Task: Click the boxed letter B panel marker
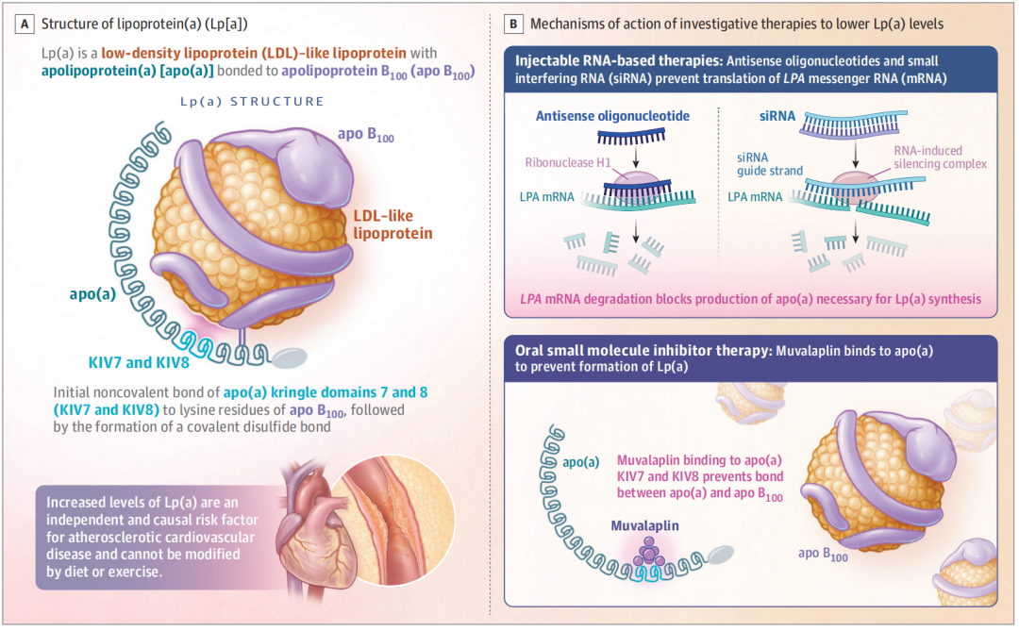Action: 513,22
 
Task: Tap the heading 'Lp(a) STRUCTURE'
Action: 252,101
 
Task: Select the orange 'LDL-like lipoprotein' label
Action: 391,224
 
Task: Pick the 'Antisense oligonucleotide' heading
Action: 611,116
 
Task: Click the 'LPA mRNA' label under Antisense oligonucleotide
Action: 543,196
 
